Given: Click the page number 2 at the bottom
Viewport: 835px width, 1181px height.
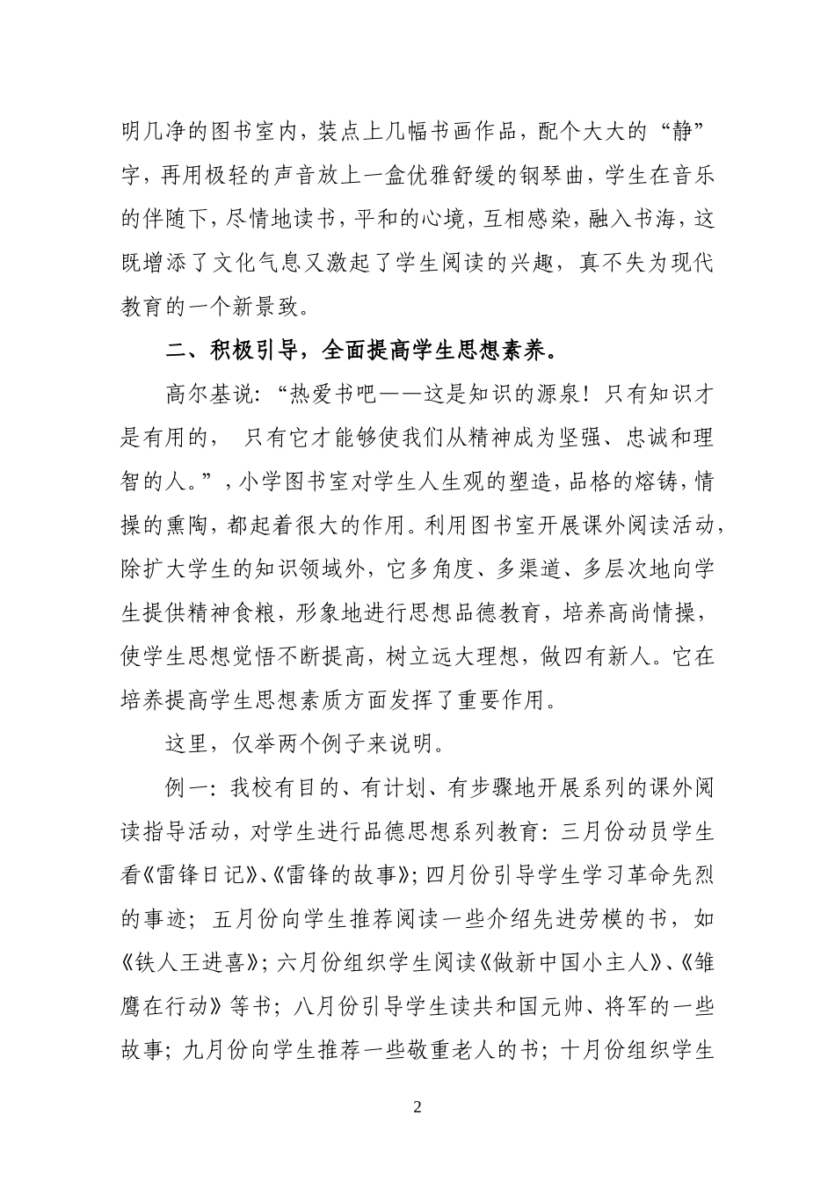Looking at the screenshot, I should [417, 1106].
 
